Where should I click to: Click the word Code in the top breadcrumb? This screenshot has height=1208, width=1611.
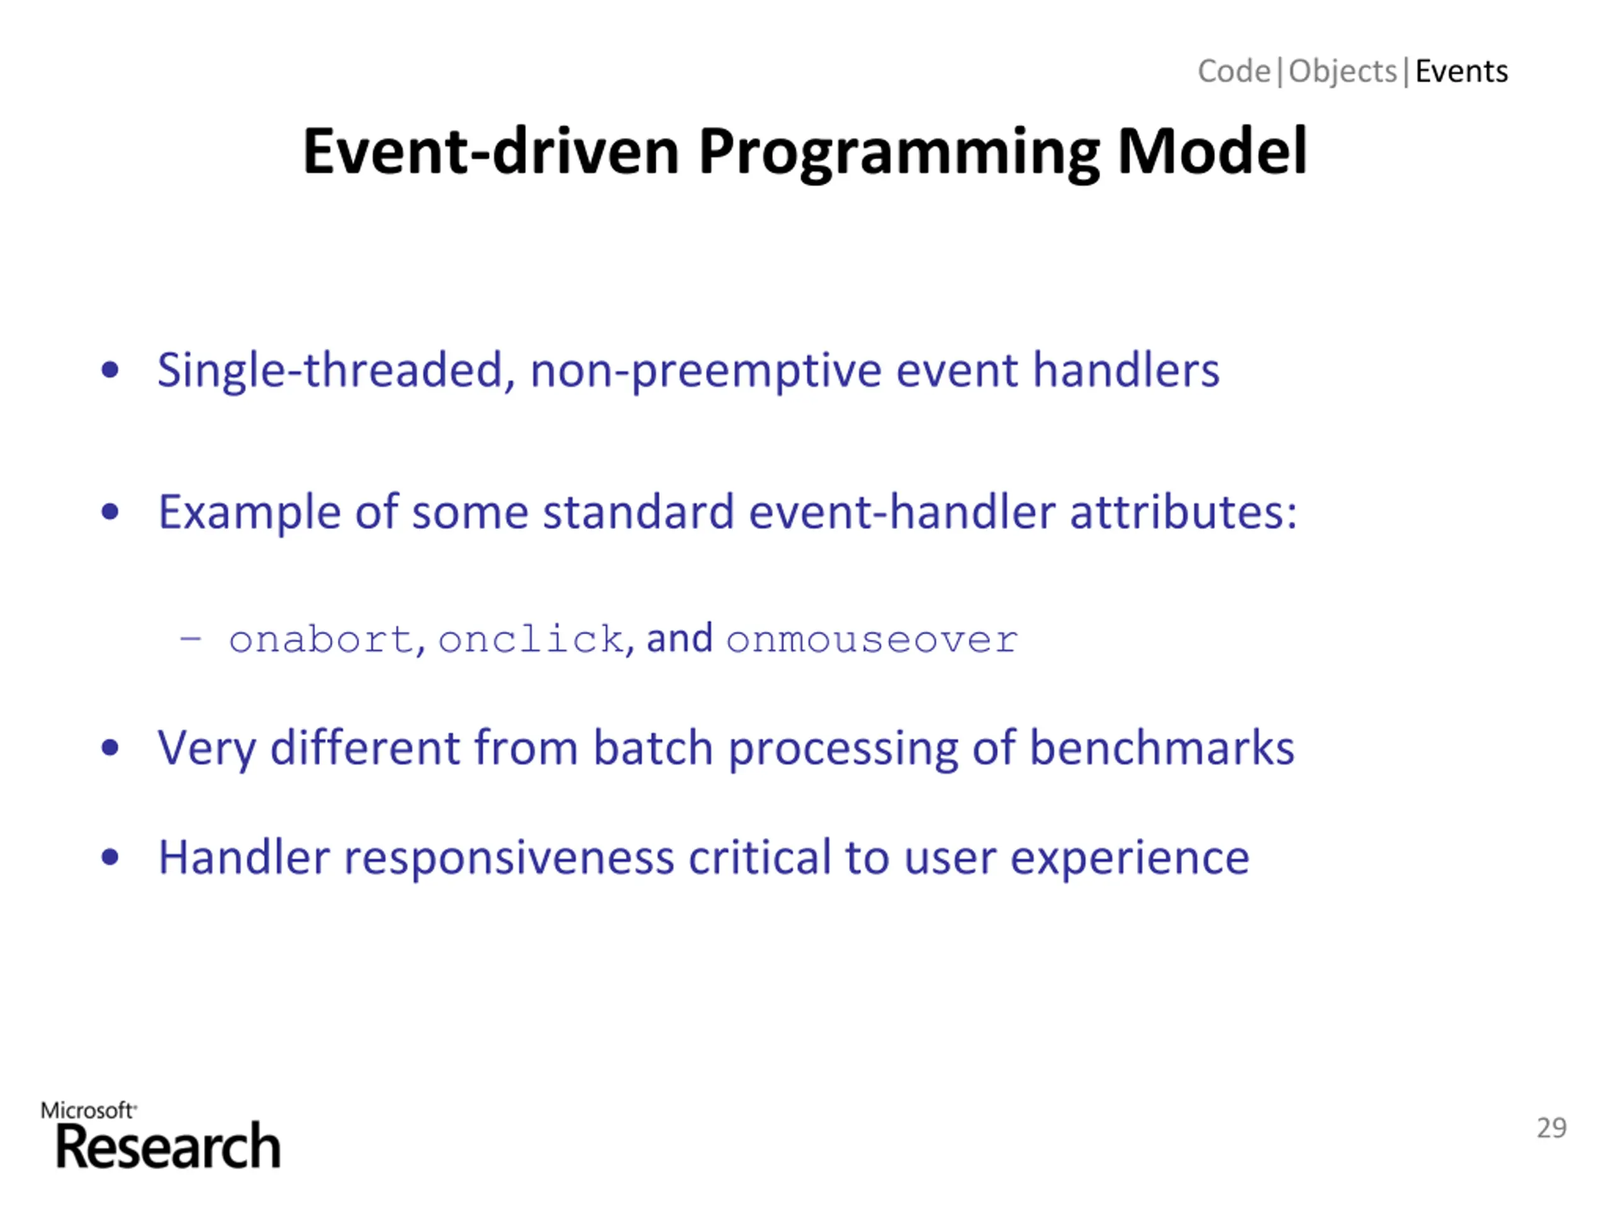click(1234, 71)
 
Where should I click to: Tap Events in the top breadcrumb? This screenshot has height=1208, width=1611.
click(1461, 71)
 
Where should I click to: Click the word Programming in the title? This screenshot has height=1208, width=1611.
click(899, 153)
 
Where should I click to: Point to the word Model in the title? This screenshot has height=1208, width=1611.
click(1212, 151)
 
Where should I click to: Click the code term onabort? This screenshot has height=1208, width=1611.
click(321, 640)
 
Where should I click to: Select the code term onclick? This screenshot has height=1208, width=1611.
click(530, 639)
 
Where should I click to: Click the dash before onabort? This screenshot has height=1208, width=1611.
click(191, 639)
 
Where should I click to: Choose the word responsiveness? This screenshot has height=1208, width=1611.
click(509, 858)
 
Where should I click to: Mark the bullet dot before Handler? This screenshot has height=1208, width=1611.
click(110, 858)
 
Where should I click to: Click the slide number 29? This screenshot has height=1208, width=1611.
click(1551, 1128)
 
